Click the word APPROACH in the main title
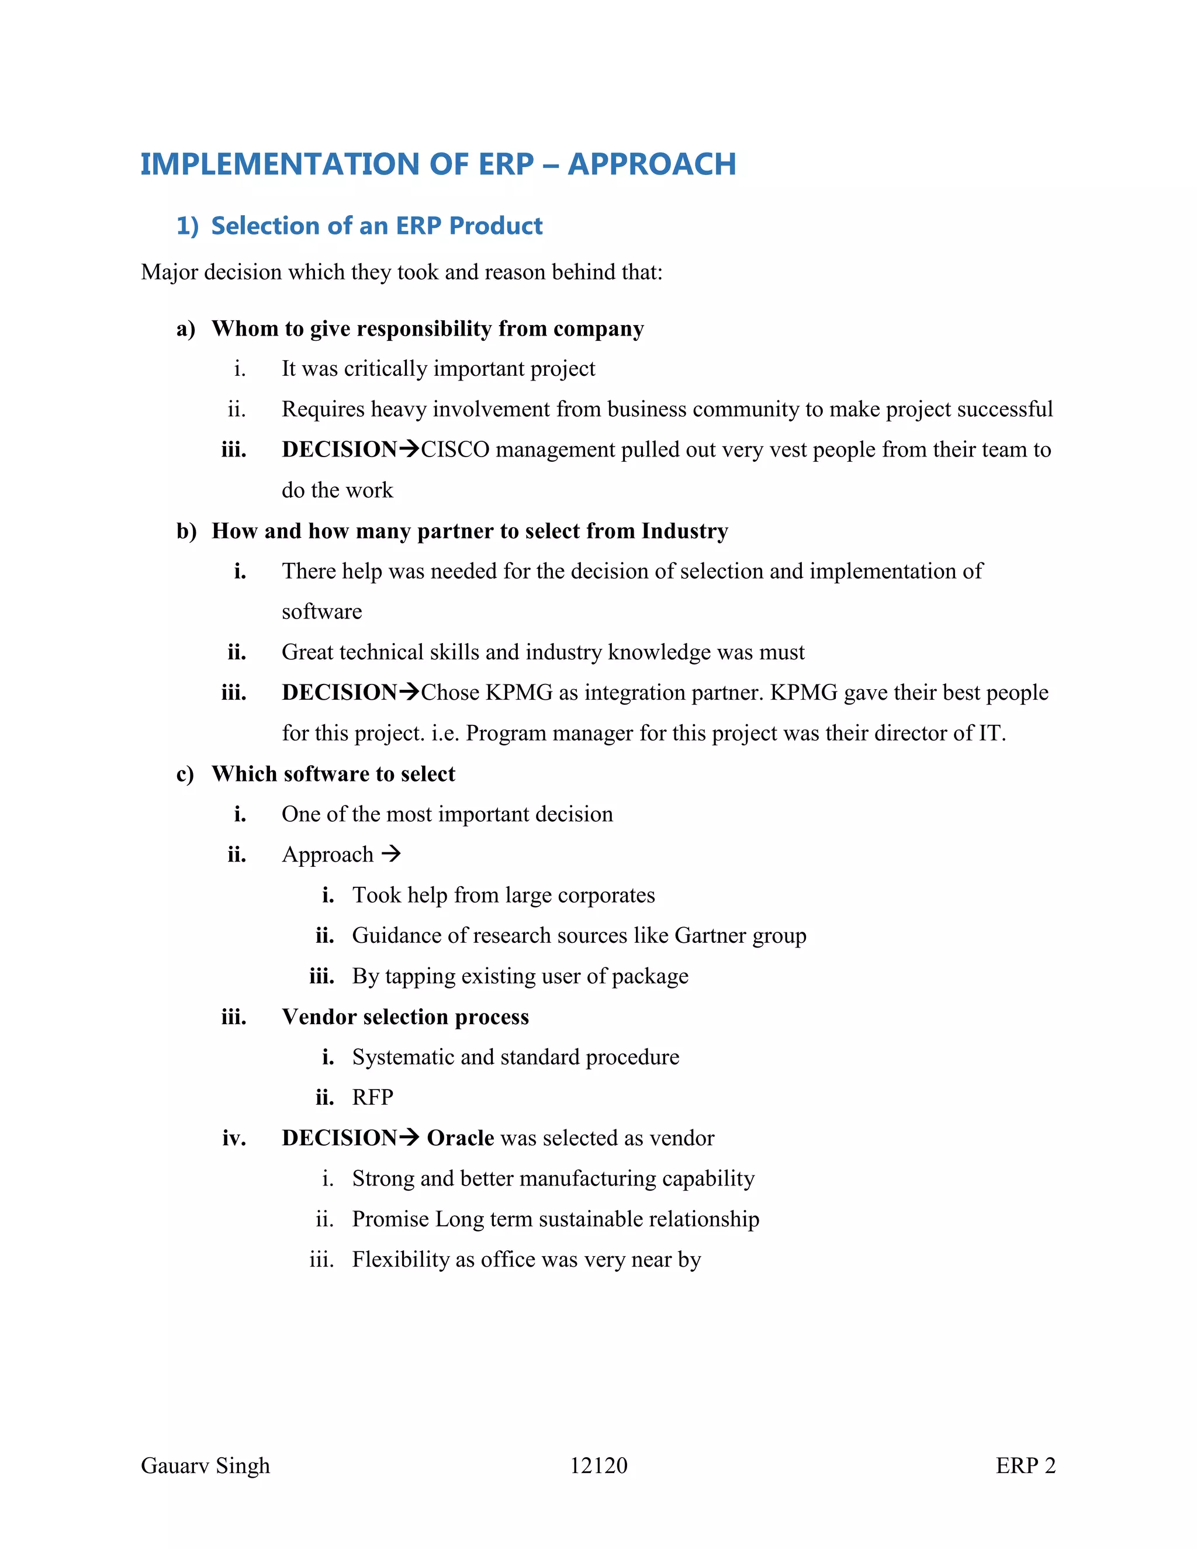pos(652,165)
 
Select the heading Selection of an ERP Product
pos(376,226)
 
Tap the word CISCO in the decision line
pos(455,450)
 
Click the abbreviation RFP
pos(372,1098)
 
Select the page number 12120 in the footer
pos(598,1466)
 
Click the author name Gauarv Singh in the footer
pos(206,1466)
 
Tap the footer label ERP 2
pos(1025,1466)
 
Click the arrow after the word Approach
pos(392,854)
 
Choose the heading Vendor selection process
pos(405,1017)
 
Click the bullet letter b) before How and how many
pos(186,531)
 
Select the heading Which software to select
pos(333,774)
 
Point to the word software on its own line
pos(321,612)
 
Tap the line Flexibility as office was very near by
pos(526,1260)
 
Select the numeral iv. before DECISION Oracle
pos(234,1138)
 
